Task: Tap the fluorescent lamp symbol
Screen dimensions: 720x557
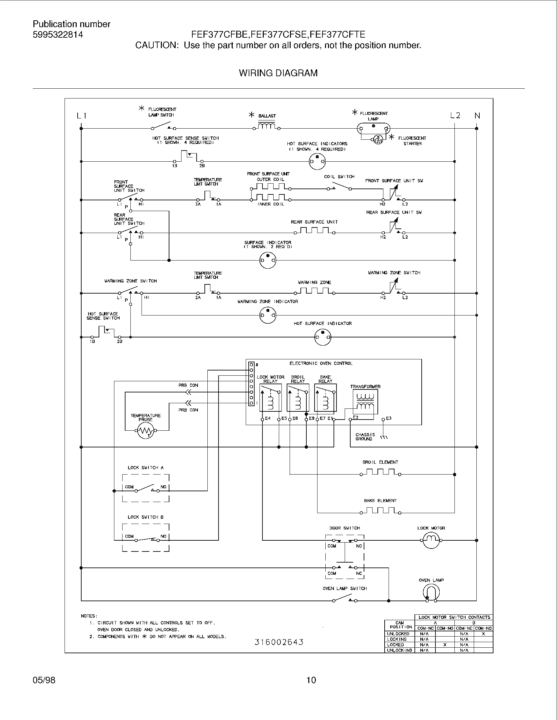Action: tap(374, 129)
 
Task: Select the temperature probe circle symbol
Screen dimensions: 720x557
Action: tap(145, 431)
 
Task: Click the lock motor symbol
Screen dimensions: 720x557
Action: tap(431, 540)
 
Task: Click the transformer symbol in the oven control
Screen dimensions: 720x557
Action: tap(365, 402)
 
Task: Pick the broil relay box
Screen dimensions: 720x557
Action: tap(298, 397)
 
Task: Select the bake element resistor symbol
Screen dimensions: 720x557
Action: tap(380, 511)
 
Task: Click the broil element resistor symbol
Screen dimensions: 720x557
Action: tap(380, 472)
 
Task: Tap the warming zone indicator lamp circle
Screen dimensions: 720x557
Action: tap(268, 315)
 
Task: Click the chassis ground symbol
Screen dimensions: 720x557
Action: tap(384, 438)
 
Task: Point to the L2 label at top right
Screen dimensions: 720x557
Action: tap(455, 116)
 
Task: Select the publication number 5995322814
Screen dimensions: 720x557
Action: tap(58, 35)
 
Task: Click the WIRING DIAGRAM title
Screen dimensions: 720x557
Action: tap(278, 73)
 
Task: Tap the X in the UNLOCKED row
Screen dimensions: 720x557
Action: tap(483, 634)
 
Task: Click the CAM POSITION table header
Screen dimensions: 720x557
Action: tap(400, 625)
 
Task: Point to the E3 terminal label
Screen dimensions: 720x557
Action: tap(388, 418)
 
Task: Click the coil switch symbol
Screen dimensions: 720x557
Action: tap(339, 187)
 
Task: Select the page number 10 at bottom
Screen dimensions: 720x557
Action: tap(311, 680)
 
